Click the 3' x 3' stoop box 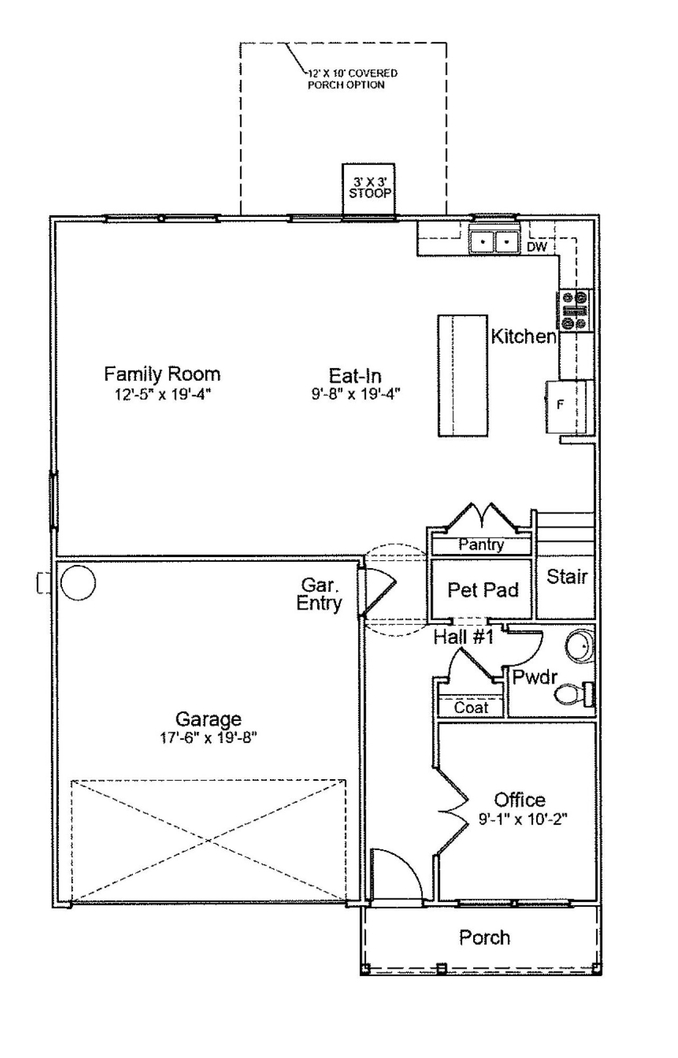click(368, 189)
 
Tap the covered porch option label click(351, 79)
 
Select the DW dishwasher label click(537, 247)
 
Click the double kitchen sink click(494, 242)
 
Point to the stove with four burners click(575, 309)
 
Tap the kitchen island click(462, 376)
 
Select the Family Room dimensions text click(163, 395)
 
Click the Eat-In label click(355, 376)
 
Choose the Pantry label click(481, 544)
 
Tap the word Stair click(567, 576)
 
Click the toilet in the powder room click(574, 694)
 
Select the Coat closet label click(471, 707)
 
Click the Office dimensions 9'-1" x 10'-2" click(523, 819)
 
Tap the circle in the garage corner click(78, 582)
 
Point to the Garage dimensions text click(209, 738)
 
